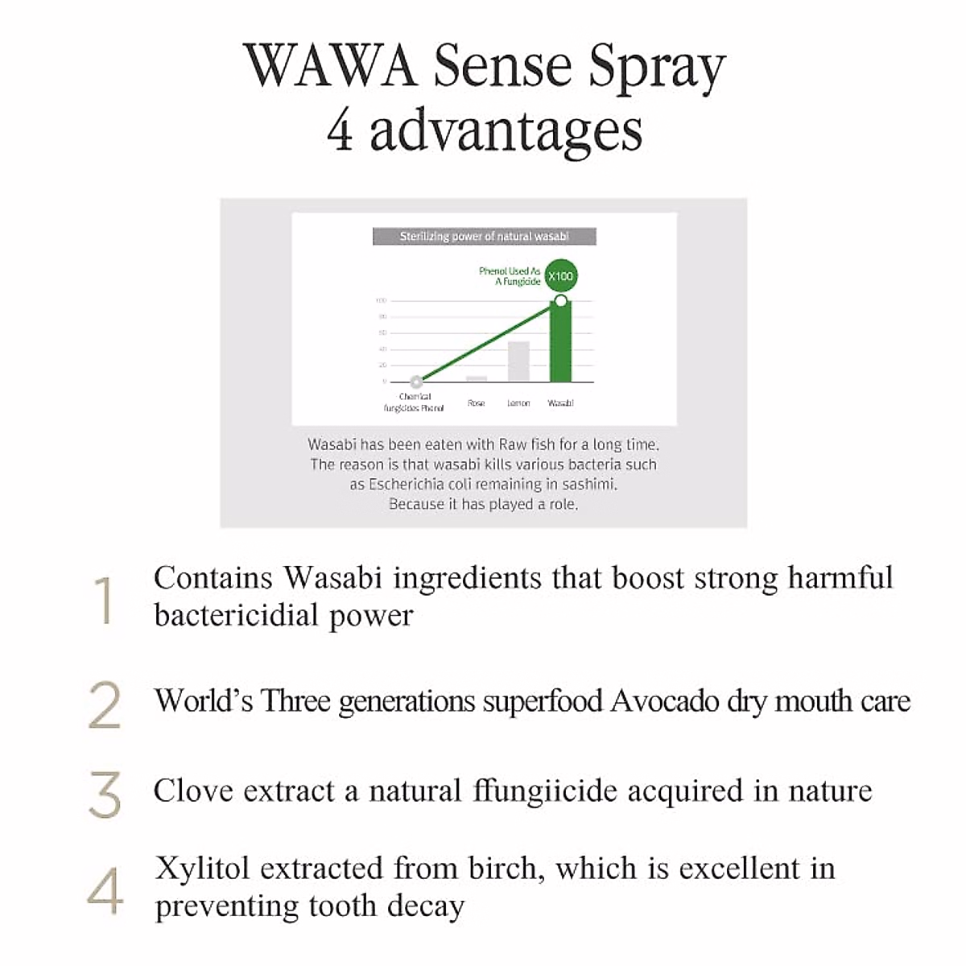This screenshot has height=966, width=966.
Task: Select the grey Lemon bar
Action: click(x=518, y=361)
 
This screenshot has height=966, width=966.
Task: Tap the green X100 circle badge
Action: click(x=560, y=276)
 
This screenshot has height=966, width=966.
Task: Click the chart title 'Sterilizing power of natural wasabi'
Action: click(x=484, y=237)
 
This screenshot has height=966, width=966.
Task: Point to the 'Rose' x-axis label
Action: click(x=476, y=402)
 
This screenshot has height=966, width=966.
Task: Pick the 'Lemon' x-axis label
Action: click(x=518, y=402)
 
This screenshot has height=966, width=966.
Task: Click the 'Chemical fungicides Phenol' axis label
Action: click(x=415, y=402)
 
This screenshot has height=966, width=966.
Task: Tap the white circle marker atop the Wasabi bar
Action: click(x=561, y=301)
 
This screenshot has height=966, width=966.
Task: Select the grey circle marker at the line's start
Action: click(x=415, y=382)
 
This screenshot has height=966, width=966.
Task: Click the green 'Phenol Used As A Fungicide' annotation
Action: click(x=510, y=276)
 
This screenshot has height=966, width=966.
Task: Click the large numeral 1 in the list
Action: click(x=104, y=601)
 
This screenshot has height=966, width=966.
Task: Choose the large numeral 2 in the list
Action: click(x=104, y=705)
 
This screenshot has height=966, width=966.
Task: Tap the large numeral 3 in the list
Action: click(x=105, y=795)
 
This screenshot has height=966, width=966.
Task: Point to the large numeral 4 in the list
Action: click(x=105, y=891)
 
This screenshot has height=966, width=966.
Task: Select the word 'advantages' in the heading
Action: click(x=506, y=132)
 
